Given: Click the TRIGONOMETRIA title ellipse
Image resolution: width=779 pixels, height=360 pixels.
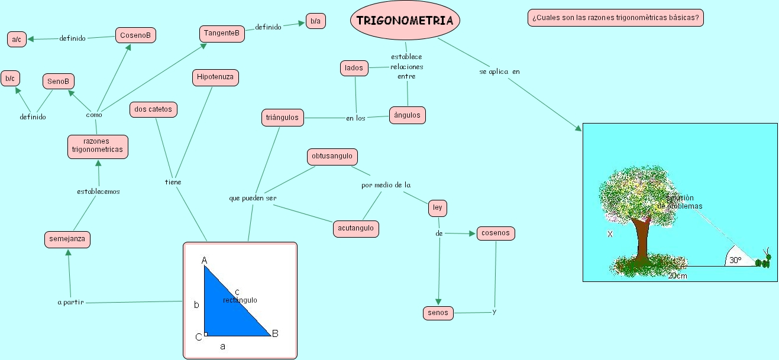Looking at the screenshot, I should [x=405, y=21].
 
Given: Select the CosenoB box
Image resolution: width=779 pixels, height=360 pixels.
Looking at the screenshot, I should [x=135, y=35].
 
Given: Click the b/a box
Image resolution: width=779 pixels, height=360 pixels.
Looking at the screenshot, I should [x=315, y=21].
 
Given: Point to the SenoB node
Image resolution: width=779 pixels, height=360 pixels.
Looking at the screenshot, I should [x=59, y=81].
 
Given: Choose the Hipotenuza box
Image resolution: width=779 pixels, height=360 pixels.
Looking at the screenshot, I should [x=215, y=77].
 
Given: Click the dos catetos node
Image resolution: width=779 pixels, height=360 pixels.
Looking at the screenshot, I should [x=153, y=109].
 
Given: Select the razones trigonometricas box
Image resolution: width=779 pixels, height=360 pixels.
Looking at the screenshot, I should [x=98, y=146].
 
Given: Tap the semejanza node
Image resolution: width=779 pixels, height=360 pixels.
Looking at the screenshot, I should [x=67, y=239].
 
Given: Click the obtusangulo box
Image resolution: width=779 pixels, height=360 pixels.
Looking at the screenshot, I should [x=332, y=157].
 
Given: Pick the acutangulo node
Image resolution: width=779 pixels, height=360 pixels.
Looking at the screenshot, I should [x=355, y=228].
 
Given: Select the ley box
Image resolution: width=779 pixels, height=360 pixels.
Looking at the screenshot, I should [x=437, y=208].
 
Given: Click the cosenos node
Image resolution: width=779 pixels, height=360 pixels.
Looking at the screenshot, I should [x=496, y=233].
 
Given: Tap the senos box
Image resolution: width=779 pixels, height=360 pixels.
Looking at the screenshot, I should [x=438, y=313].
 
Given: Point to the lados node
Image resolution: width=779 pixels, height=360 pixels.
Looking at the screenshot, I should [x=354, y=68].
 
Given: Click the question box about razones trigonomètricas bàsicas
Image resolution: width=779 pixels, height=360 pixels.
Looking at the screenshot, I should [x=615, y=18].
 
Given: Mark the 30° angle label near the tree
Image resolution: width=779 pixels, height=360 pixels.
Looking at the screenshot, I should [x=735, y=260].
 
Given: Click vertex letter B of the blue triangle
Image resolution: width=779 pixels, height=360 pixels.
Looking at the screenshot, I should [x=275, y=333].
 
